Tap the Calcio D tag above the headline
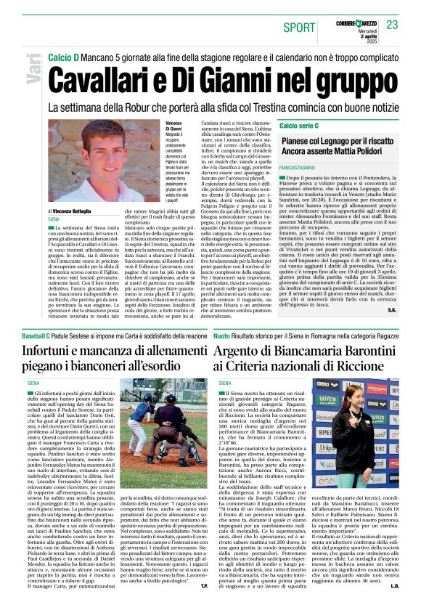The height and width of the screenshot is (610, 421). [64, 57]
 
